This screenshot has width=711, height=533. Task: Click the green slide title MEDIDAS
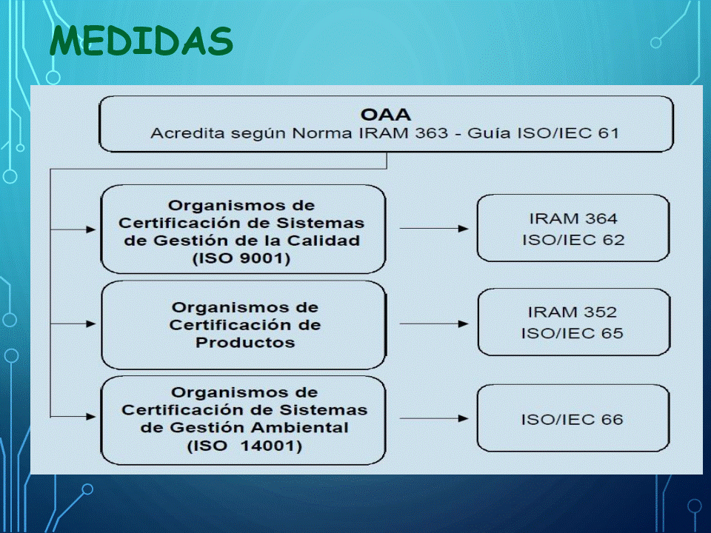click(x=141, y=40)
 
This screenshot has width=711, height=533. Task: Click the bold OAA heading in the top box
click(x=385, y=115)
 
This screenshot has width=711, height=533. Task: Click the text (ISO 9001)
click(x=241, y=258)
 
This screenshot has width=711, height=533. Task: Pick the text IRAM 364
click(x=573, y=218)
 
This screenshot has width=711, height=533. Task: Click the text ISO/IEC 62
click(x=573, y=239)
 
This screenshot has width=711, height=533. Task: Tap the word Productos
click(x=245, y=342)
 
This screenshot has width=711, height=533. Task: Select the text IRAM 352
click(x=573, y=312)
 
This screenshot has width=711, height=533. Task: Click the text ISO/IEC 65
click(x=573, y=333)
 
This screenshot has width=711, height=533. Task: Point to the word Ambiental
click(x=300, y=427)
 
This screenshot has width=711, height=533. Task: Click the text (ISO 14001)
click(x=244, y=446)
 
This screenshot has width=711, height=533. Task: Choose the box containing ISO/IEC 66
click(x=573, y=418)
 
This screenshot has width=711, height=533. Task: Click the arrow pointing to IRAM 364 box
click(x=434, y=229)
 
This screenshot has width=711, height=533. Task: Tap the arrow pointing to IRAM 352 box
click(x=434, y=324)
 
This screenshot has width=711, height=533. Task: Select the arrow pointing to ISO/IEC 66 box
click(x=434, y=418)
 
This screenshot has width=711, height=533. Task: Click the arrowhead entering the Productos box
click(x=90, y=324)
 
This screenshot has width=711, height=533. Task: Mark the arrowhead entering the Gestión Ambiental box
click(x=90, y=417)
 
